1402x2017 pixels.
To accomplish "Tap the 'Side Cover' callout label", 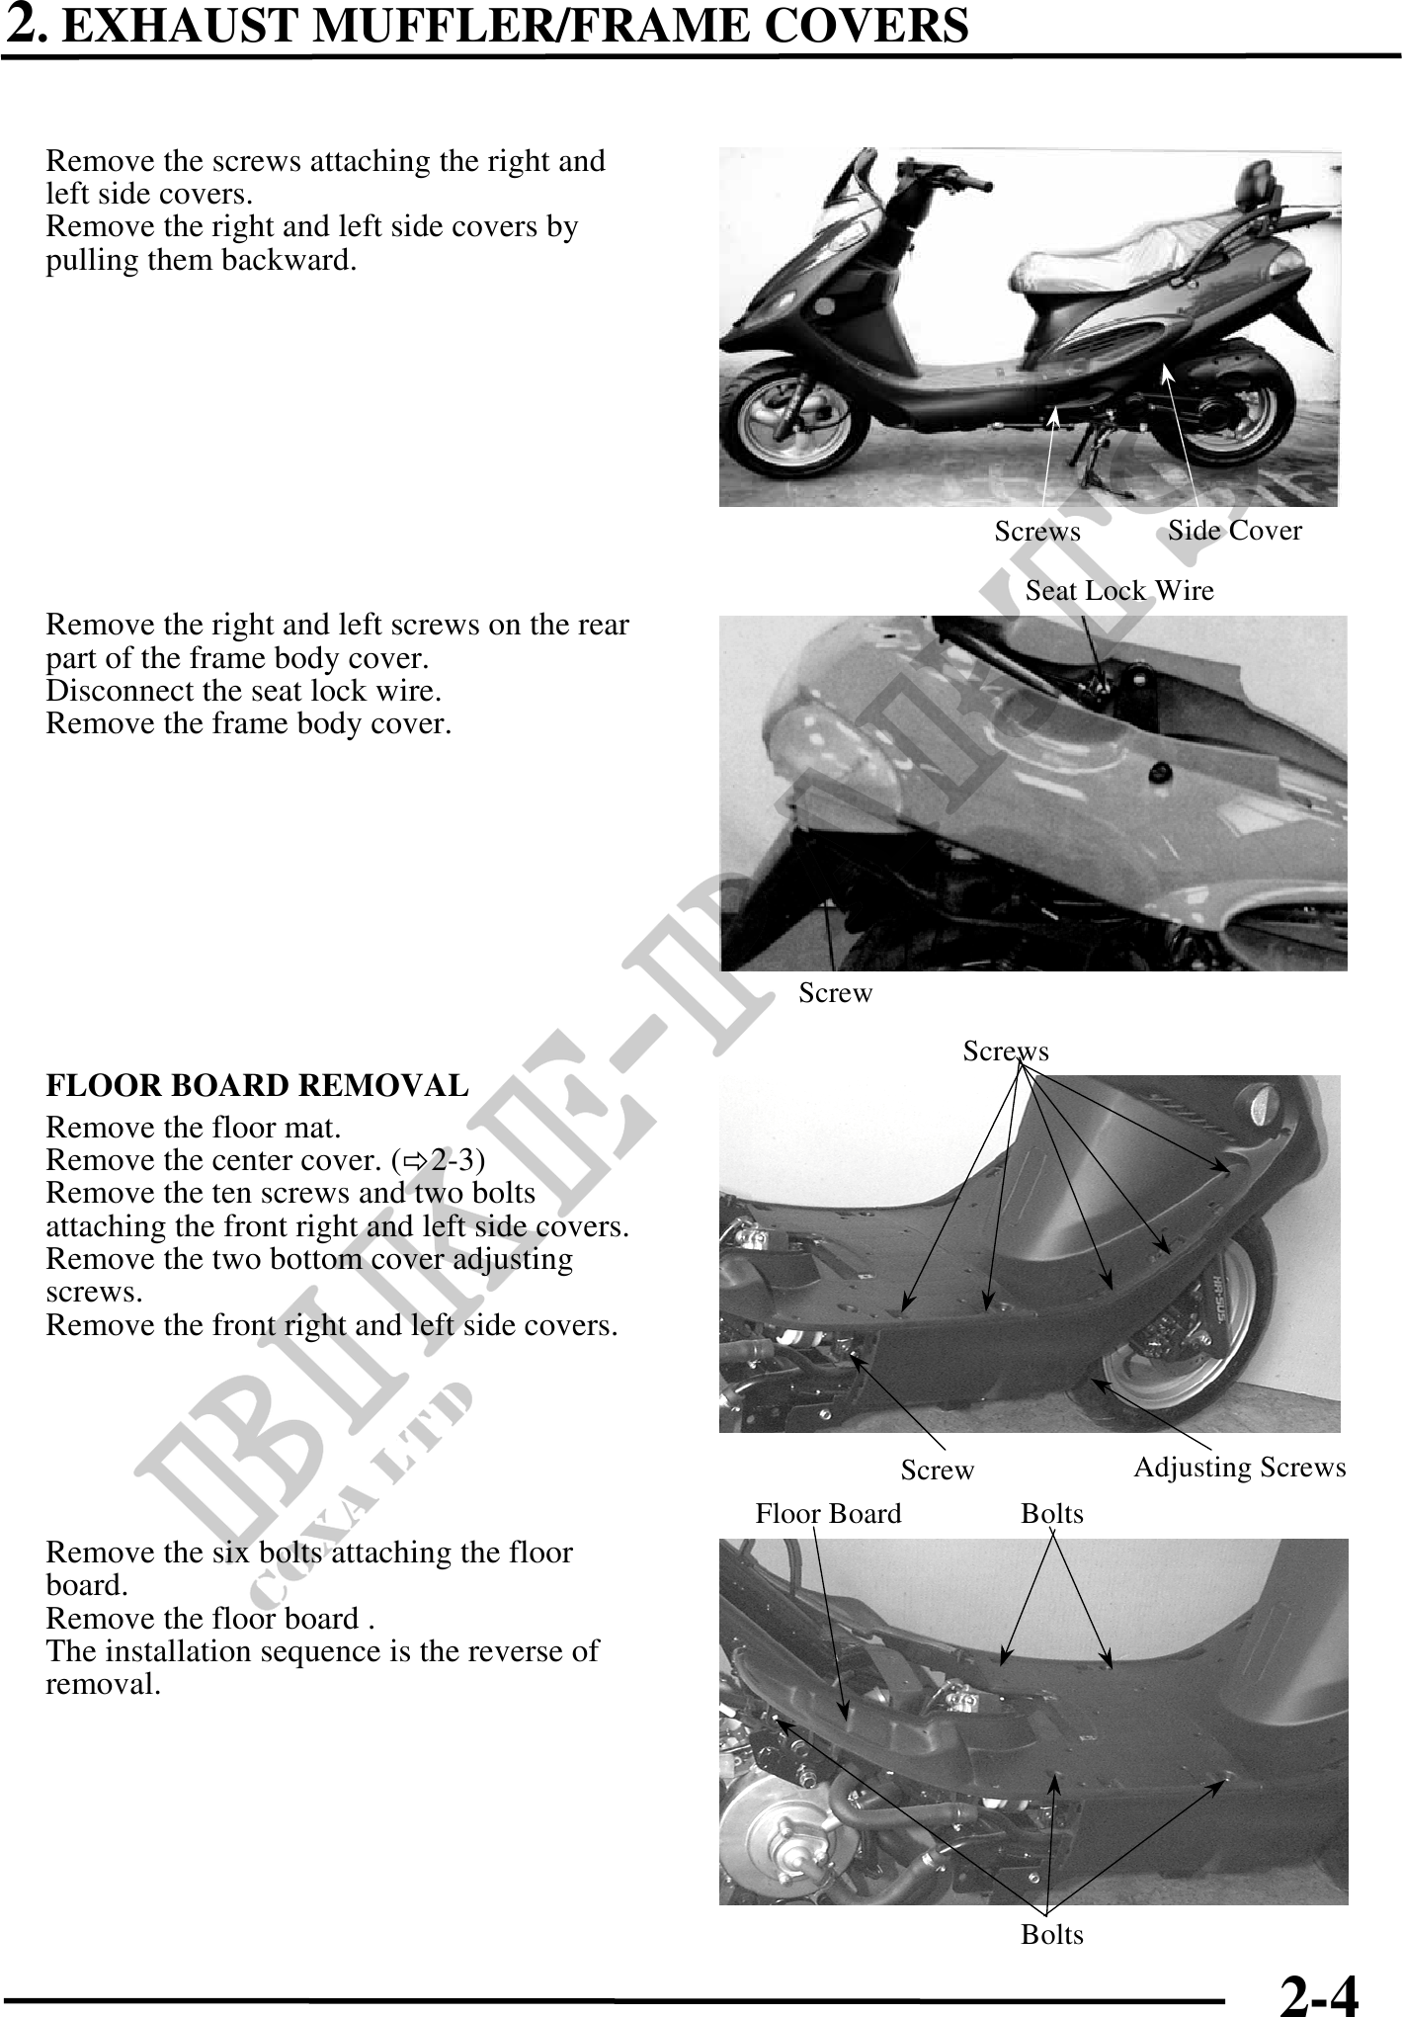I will (1234, 531).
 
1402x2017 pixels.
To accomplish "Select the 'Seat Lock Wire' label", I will (1118, 591).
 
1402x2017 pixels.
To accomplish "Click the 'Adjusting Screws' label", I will (1239, 1468).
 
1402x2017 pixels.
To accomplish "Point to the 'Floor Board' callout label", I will (828, 1514).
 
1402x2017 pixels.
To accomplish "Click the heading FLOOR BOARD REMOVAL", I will (257, 1085).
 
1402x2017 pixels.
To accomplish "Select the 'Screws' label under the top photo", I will (1037, 532).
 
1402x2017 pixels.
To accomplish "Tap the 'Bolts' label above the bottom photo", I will (1052, 1514).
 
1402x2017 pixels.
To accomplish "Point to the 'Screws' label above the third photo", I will (1006, 1051).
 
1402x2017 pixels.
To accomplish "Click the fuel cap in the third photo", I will (1266, 1103).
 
